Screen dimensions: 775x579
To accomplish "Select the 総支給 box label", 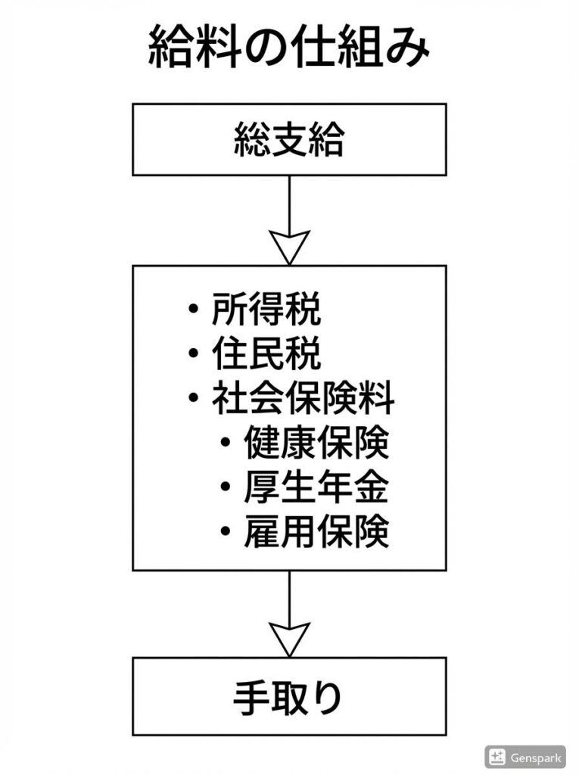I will pos(289,140).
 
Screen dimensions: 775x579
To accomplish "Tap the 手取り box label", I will pos(289,697).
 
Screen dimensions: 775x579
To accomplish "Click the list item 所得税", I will pos(266,310).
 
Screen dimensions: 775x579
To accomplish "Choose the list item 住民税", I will pos(266,354).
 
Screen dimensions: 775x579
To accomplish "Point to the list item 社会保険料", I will pos(303,399).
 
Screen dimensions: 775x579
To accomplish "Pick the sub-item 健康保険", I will pos(316,444).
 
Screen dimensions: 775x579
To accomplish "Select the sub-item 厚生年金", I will pos(316,488).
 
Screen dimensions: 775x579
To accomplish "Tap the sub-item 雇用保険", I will pos(316,533).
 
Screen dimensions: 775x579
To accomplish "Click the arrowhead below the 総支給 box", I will pos(289,246).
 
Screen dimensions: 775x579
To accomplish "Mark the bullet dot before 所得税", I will pos(195,310).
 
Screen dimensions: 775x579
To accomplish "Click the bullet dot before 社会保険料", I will pos(195,400).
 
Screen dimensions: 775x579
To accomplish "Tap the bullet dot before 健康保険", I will pos(226,444).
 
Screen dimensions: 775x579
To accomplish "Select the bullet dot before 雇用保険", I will pos(226,534).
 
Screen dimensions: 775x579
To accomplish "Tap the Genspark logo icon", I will pos(497,756).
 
